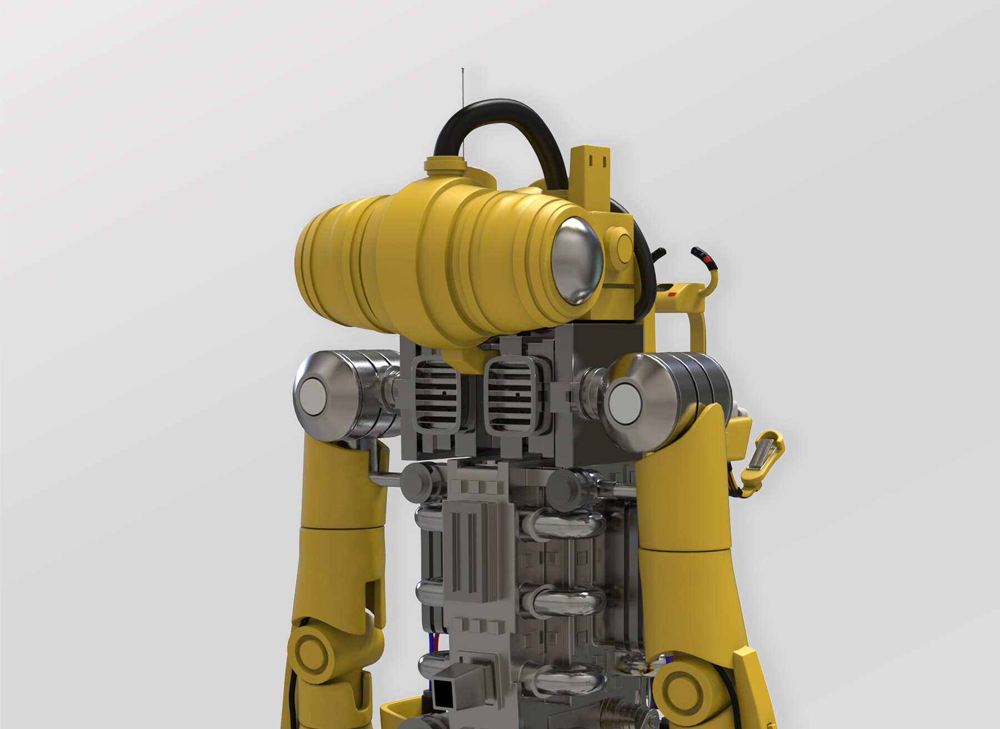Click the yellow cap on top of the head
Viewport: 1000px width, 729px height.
tap(445, 163)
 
